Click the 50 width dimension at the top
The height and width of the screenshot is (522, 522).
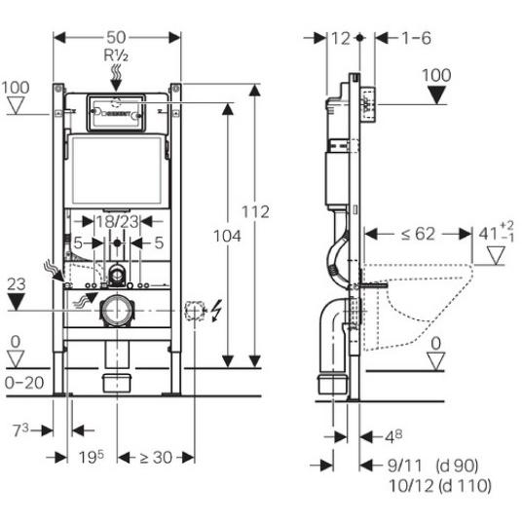(116, 37)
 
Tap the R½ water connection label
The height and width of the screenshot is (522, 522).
(116, 56)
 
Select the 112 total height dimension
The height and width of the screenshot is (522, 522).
(255, 212)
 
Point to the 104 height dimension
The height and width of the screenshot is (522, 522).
(227, 236)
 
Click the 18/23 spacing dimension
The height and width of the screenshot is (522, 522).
(117, 222)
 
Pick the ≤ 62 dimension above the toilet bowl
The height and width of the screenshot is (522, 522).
(418, 234)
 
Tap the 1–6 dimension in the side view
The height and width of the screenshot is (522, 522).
(417, 38)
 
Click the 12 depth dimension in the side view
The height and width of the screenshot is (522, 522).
(341, 38)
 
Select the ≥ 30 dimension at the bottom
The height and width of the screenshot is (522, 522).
(156, 458)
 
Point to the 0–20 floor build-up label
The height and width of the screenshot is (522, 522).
(24, 383)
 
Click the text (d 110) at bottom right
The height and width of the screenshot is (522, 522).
(466, 485)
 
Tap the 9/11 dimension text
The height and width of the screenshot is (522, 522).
(405, 466)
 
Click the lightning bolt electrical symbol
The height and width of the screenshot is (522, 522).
(216, 311)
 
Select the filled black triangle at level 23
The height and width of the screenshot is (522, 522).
(17, 302)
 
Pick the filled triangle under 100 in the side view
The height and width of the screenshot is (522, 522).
(436, 95)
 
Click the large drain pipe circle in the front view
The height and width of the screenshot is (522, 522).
(117, 311)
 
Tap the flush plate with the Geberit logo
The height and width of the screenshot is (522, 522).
(116, 113)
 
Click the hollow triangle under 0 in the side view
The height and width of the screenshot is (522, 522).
(435, 362)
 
